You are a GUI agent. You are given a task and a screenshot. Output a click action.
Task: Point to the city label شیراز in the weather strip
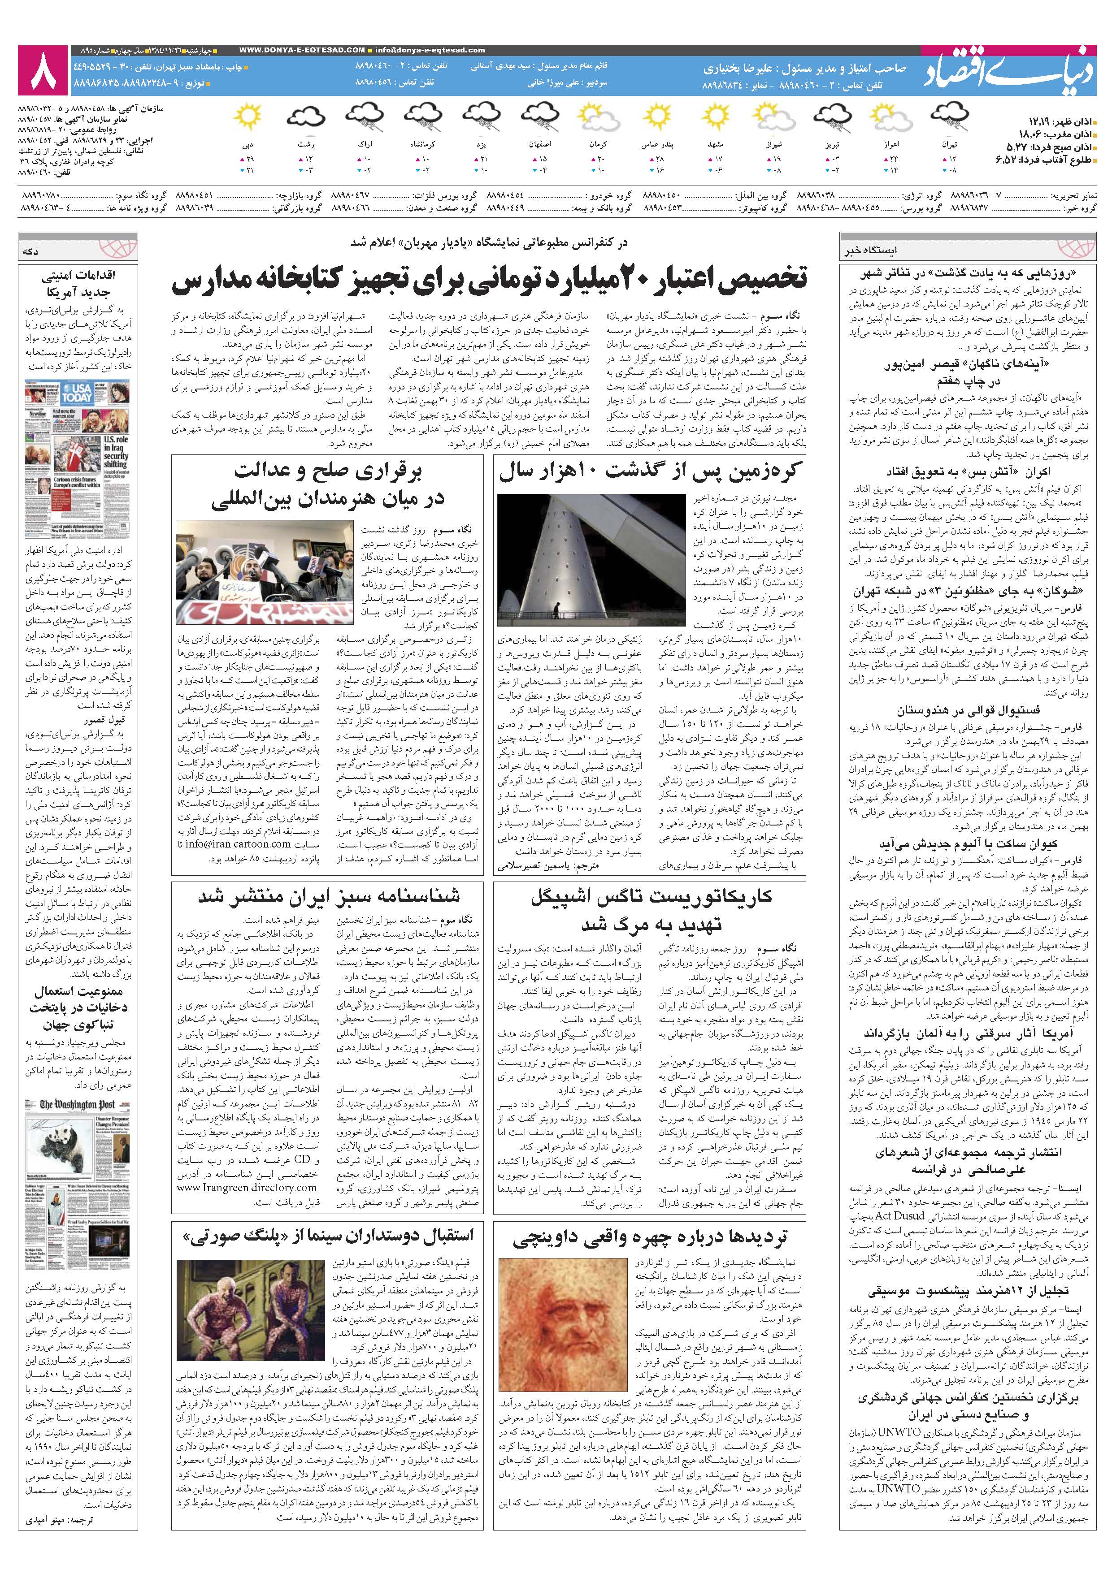pyautogui.click(x=774, y=146)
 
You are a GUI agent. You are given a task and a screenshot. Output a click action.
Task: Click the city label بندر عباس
pyautogui.click(x=658, y=146)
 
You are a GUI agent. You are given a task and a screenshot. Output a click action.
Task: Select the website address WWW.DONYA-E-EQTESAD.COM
pyautogui.click(x=303, y=50)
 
